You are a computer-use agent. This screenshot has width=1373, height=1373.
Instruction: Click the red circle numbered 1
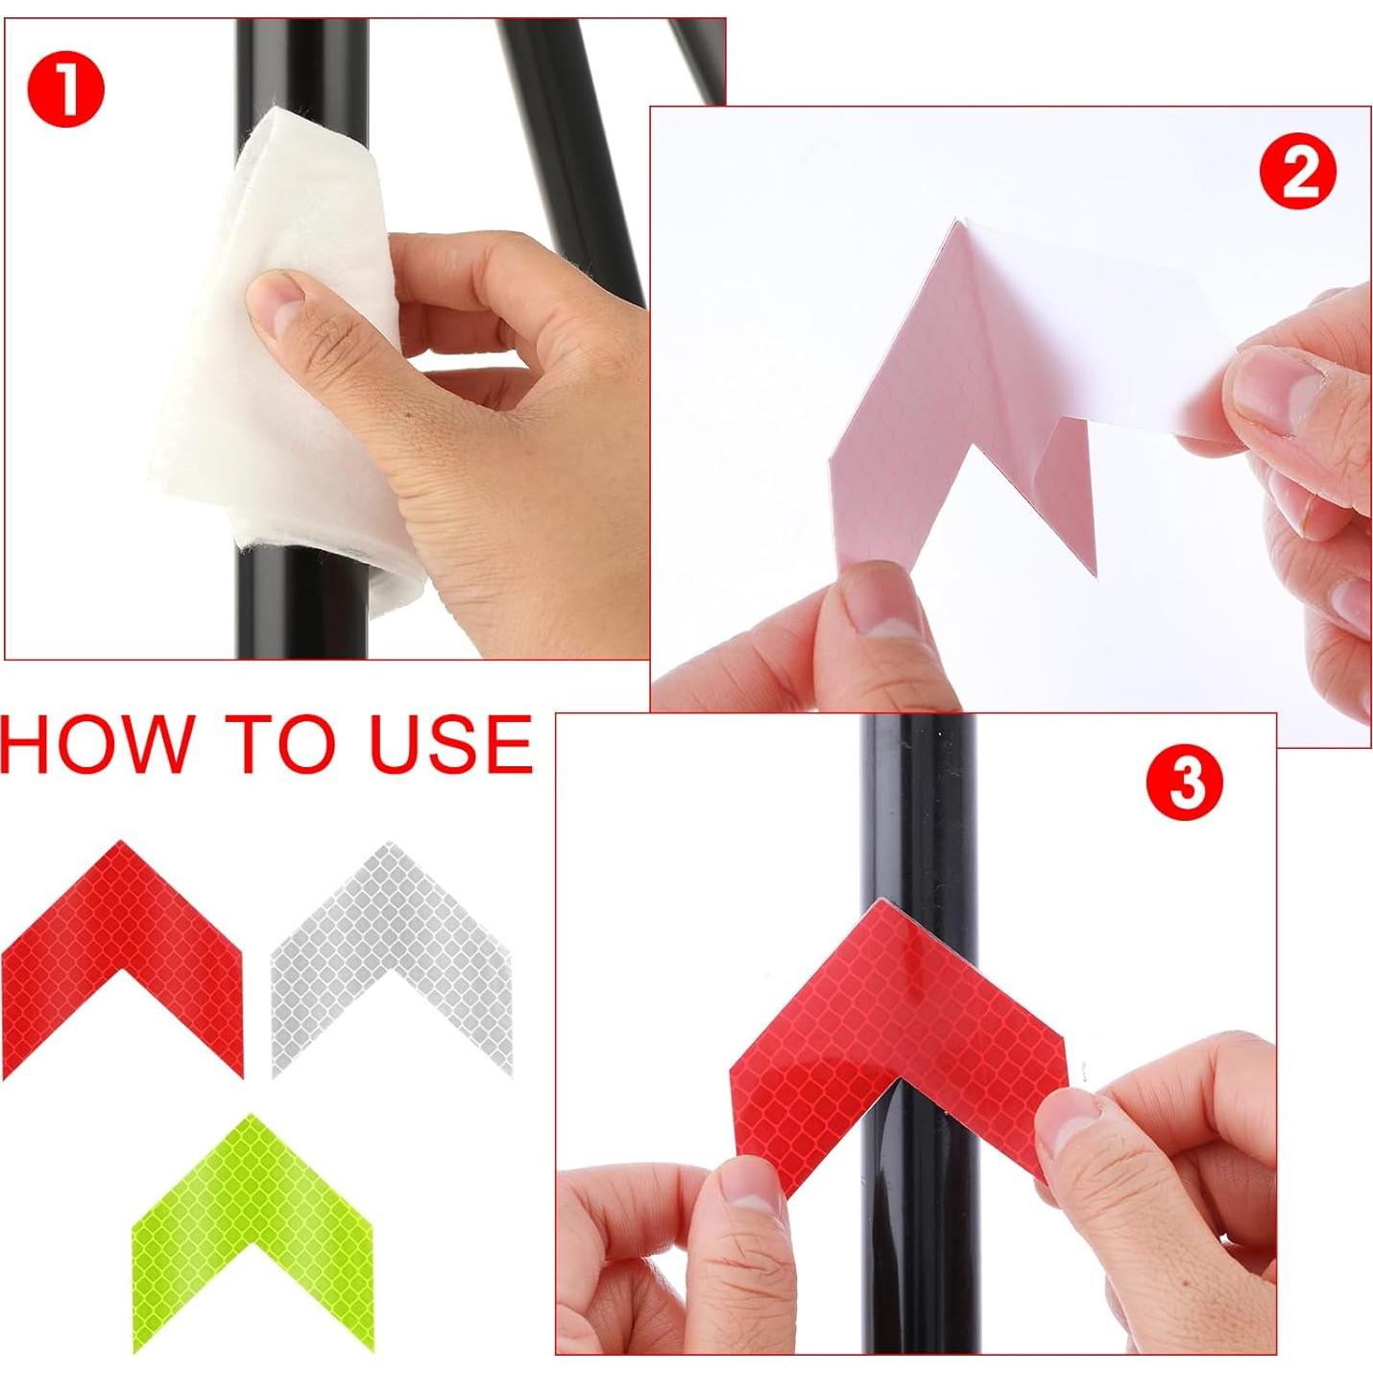65,90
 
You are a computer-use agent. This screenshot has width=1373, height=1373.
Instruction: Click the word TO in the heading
282,744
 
